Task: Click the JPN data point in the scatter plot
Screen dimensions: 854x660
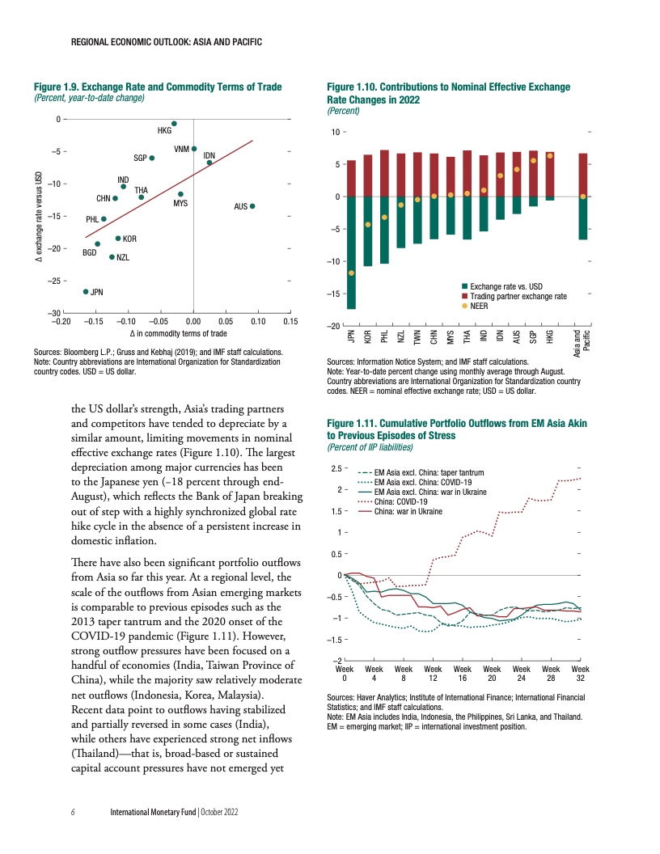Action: coord(86,291)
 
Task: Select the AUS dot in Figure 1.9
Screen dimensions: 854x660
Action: coord(252,206)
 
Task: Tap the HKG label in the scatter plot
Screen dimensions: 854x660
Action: coord(164,130)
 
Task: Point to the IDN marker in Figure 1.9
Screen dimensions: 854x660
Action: coord(209,163)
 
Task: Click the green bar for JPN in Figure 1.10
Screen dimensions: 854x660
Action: coord(351,252)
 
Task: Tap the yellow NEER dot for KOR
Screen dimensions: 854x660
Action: coord(368,224)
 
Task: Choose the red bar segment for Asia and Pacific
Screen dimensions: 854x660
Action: coord(583,175)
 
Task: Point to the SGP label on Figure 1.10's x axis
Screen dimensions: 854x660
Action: coord(533,338)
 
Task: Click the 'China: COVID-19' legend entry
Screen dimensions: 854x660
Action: coord(402,501)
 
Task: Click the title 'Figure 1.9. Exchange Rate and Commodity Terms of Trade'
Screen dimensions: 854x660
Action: coord(157,87)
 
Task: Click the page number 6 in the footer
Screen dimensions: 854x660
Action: coord(74,810)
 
